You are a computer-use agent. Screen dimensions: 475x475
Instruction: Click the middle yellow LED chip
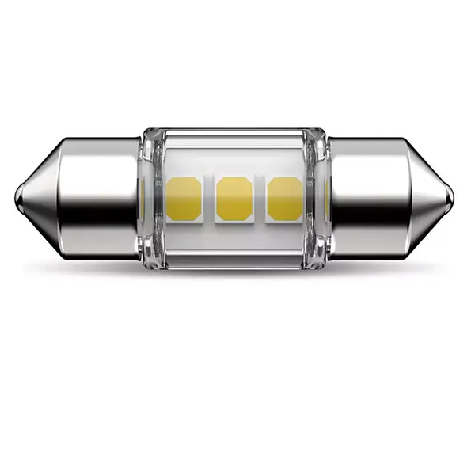tap(234, 199)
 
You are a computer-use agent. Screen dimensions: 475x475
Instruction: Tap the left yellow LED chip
tap(184, 199)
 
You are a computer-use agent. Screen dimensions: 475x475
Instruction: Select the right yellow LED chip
tap(284, 199)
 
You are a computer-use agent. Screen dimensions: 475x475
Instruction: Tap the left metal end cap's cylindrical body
tap(99, 170)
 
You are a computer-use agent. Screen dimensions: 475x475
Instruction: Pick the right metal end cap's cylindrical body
tap(368, 170)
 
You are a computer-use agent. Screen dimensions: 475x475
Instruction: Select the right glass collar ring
tap(319, 198)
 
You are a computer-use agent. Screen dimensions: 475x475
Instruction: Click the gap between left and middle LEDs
tap(209, 199)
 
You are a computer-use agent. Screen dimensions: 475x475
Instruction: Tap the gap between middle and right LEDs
tap(259, 199)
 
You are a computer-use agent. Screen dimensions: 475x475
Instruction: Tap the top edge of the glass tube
tap(234, 133)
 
